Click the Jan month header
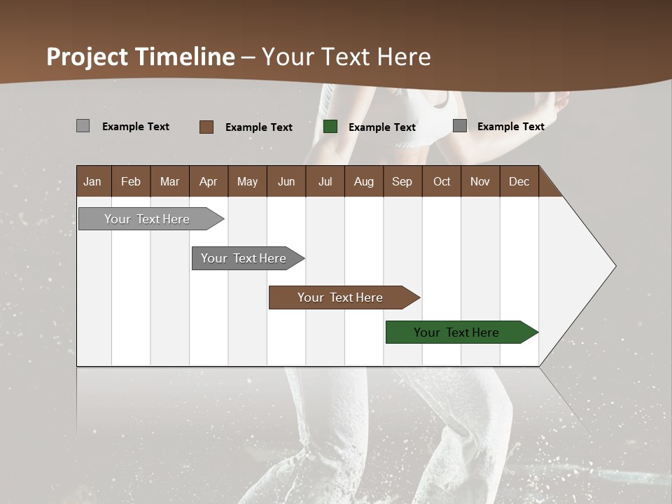click(92, 181)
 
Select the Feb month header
click(131, 181)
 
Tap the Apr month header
click(208, 181)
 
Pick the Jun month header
click(286, 181)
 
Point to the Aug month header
click(363, 181)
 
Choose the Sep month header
click(402, 181)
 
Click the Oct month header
click(442, 181)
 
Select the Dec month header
click(519, 181)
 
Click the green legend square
click(330, 127)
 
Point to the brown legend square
click(206, 127)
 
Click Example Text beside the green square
click(382, 127)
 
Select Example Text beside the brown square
click(259, 127)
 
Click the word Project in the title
click(87, 57)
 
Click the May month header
click(247, 181)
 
